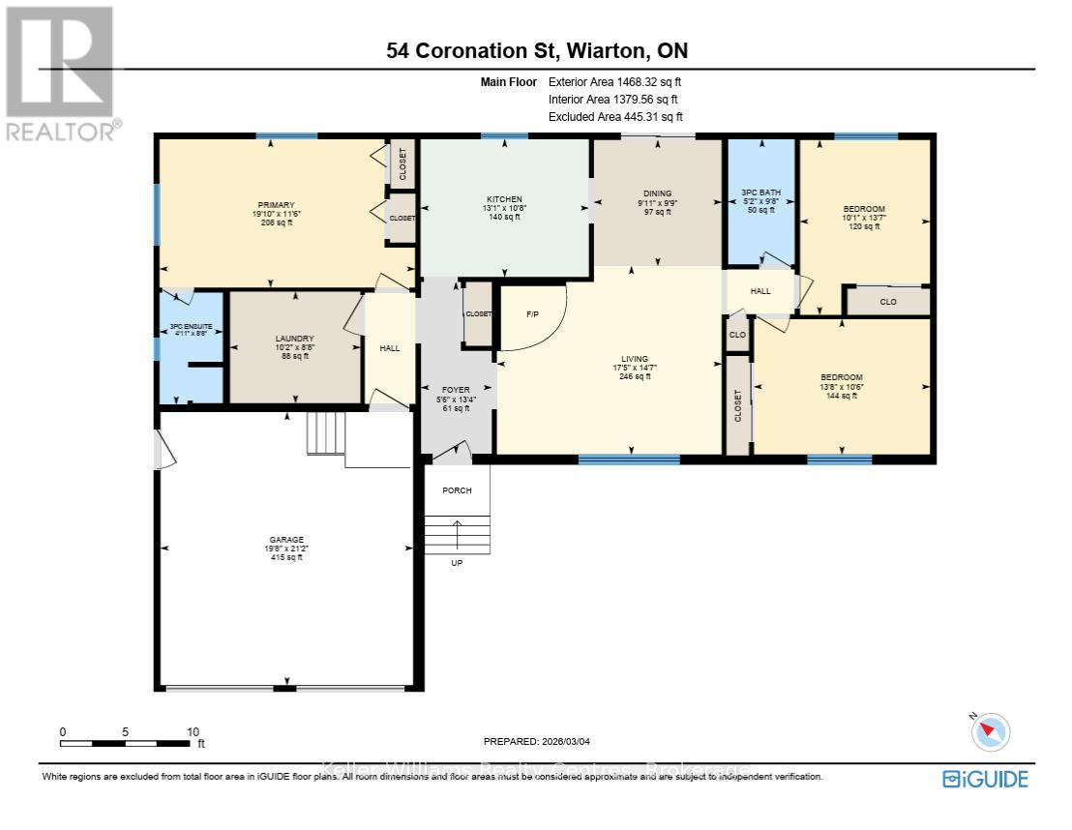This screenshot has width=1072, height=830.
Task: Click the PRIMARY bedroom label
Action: coord(275,205)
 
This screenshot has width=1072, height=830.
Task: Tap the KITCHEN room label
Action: coord(504,199)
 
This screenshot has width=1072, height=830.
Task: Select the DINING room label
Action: coord(657,193)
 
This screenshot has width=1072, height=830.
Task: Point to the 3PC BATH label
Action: coord(761,193)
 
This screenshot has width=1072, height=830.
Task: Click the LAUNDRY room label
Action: coord(294,339)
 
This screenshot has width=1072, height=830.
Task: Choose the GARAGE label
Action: coord(286,540)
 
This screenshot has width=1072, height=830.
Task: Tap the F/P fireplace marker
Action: coord(531,314)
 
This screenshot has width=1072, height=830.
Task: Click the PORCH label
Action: coord(457,490)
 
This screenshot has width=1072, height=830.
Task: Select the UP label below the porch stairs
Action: coord(457,562)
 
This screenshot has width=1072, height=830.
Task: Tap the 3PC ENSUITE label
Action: coord(191,328)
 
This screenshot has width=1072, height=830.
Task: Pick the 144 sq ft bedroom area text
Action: coord(842,395)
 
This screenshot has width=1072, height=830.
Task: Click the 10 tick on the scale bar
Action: coord(193,732)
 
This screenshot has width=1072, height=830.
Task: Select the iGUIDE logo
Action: coord(985,779)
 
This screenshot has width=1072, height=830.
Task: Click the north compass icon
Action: coord(992,731)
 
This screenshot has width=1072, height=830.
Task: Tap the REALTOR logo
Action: coord(60,73)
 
